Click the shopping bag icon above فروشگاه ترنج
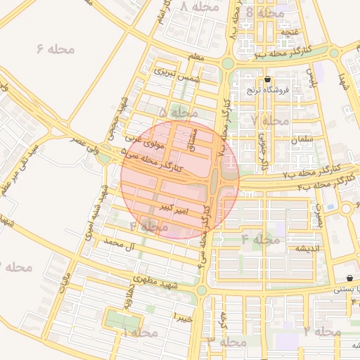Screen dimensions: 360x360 tap(268, 79)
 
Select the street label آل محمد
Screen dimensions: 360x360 tap(118, 244)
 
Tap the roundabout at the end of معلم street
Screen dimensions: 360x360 tap(228, 63)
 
